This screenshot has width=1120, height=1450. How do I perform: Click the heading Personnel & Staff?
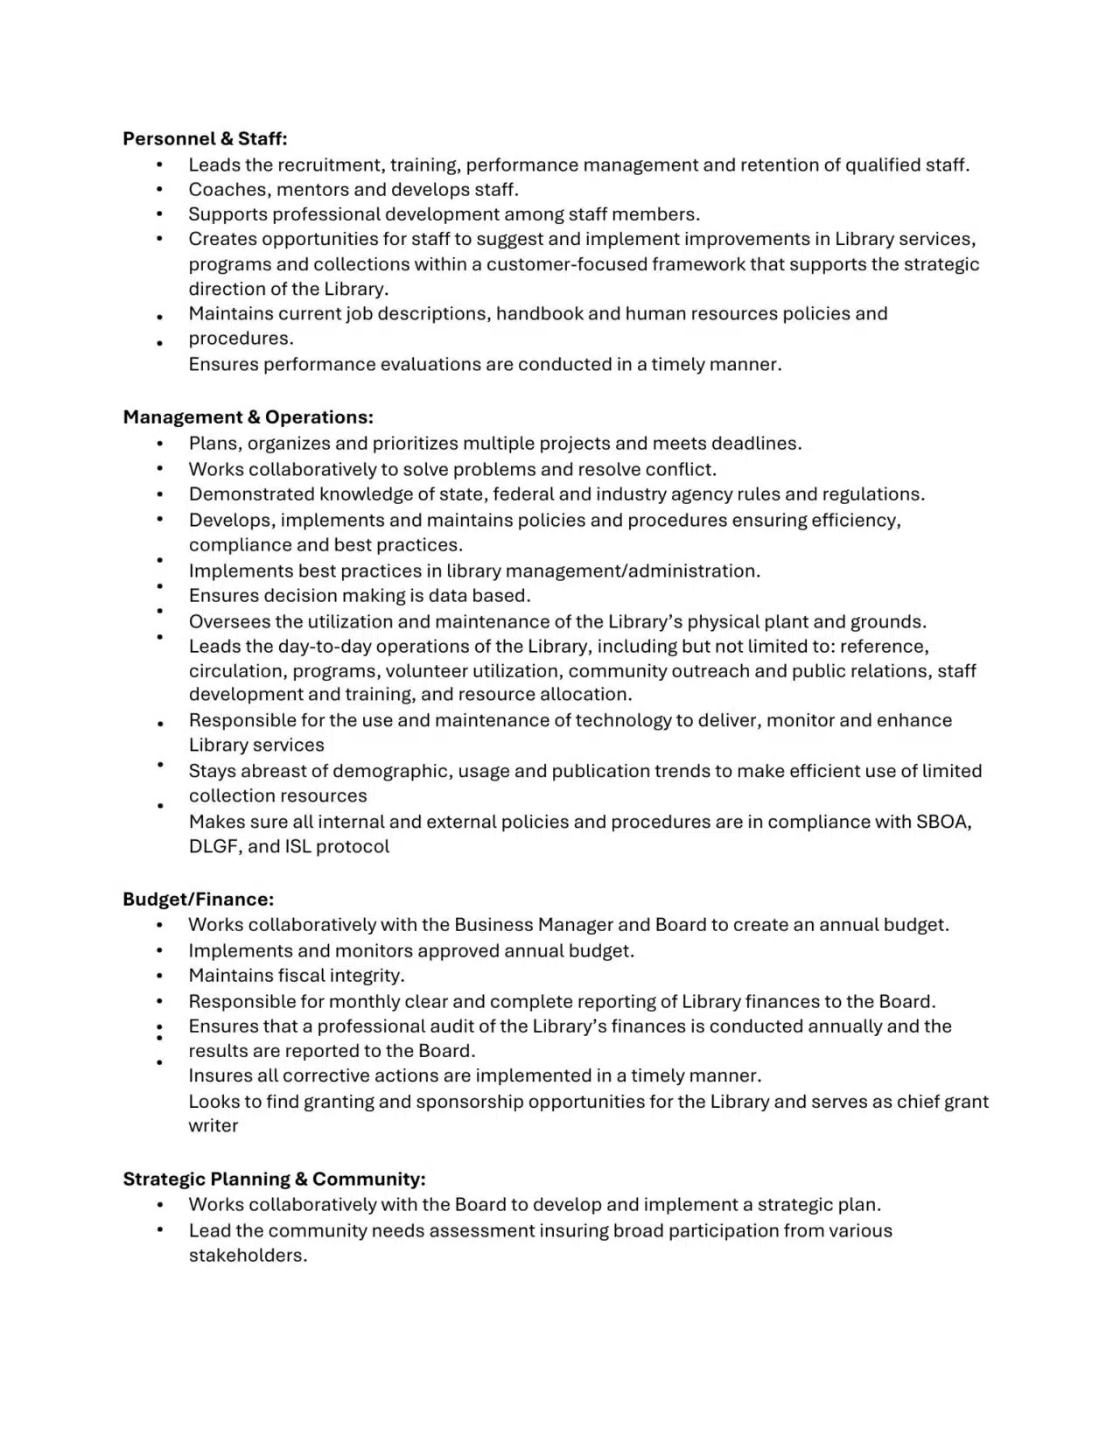tap(205, 138)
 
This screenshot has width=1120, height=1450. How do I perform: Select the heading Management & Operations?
tap(248, 417)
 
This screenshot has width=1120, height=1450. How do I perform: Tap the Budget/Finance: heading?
tap(198, 899)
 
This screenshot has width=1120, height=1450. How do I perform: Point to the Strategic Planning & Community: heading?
tap(274, 1179)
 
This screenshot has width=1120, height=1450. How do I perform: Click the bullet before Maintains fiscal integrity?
tap(160, 976)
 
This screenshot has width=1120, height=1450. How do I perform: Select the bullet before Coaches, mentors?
tap(160, 190)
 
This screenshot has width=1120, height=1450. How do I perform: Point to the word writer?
tap(213, 1125)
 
